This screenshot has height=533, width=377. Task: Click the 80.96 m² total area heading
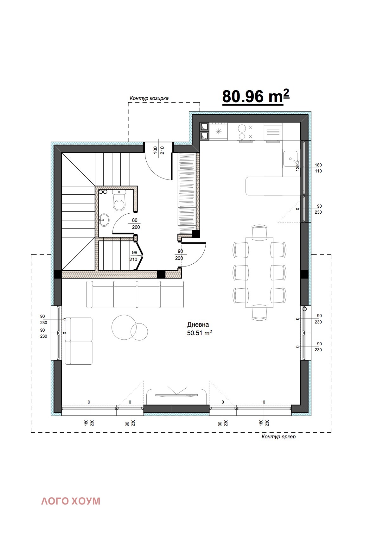point(256,96)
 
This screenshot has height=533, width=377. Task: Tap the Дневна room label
point(198,324)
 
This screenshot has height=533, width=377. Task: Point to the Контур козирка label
point(149,98)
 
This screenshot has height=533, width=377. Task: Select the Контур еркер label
point(278,437)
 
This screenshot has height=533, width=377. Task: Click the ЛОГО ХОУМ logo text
point(71,501)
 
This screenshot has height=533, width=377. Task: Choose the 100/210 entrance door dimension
point(159,150)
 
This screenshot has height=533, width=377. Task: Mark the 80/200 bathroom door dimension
point(136,224)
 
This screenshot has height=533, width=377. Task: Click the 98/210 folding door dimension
point(134,256)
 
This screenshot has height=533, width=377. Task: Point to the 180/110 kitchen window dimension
point(318,168)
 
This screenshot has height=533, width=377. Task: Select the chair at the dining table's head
point(259,231)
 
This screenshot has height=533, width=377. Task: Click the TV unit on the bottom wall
point(176,396)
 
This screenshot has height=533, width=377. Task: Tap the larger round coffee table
point(124,327)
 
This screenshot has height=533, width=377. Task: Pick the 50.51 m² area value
point(199,333)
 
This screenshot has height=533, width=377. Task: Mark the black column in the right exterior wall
point(304,274)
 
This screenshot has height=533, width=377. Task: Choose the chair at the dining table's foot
point(259,312)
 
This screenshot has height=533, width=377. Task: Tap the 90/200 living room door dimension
point(180,254)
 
